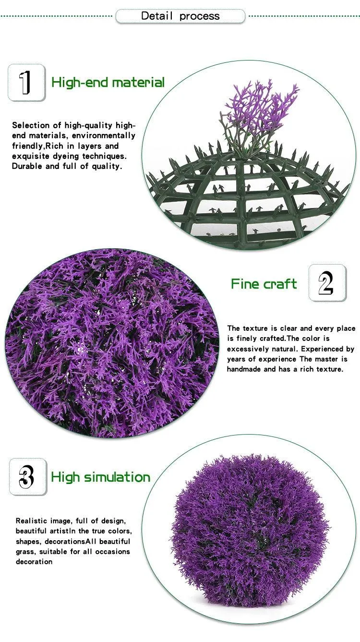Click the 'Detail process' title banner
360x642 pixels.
tap(180, 16)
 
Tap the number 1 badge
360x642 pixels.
tap(26, 83)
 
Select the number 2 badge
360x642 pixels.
tap(327, 283)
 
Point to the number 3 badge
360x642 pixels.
tap(28, 477)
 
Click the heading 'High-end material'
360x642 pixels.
tap(108, 83)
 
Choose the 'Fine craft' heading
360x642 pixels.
tap(264, 284)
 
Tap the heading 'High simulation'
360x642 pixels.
tap(100, 477)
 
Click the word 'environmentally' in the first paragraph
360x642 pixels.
tap(104, 135)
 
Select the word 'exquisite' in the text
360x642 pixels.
tap(31, 156)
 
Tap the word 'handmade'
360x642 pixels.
tap(244, 369)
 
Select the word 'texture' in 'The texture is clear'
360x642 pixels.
tap(255, 328)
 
